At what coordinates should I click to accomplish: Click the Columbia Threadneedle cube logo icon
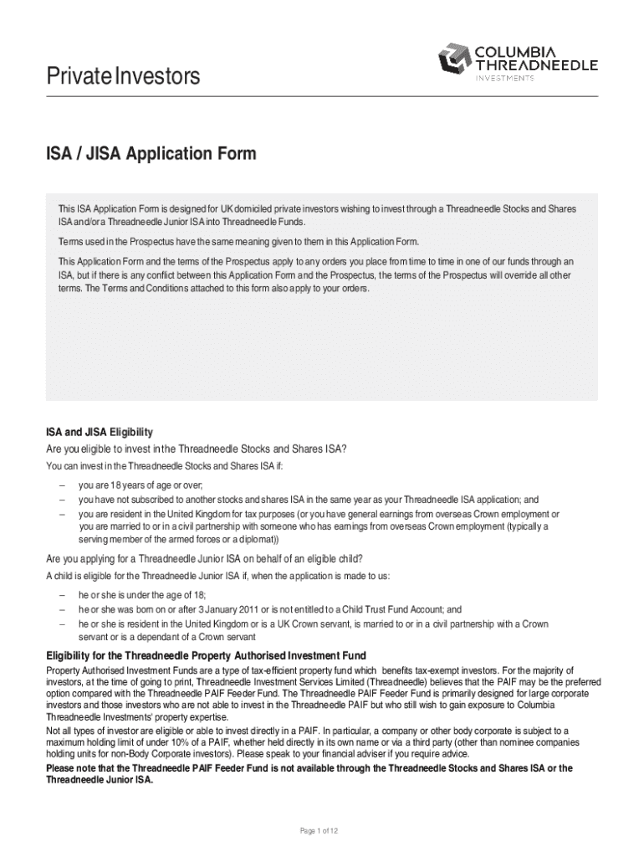point(454,59)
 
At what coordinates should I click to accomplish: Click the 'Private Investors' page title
point(123,76)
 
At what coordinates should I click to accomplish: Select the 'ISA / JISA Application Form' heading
point(151,154)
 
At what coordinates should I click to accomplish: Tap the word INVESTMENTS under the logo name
point(504,78)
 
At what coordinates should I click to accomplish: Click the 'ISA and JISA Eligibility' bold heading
point(99,433)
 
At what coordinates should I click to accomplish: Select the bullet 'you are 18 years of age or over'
point(141,485)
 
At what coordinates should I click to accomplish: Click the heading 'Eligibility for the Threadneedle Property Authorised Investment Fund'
point(205,655)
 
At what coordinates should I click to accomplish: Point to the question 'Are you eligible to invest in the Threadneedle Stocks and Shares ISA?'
point(196,449)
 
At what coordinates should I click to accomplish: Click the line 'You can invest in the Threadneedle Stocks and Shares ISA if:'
point(171,466)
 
